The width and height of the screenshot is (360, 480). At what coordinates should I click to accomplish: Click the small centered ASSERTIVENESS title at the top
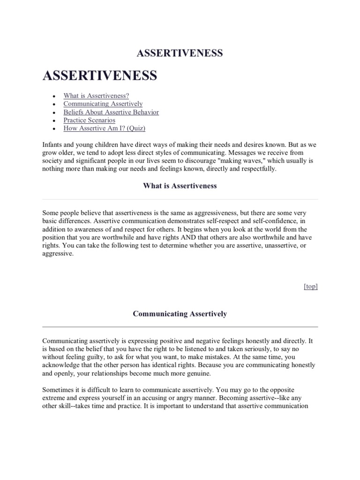click(180, 53)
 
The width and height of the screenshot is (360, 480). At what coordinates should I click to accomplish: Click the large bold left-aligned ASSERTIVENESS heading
click(99, 76)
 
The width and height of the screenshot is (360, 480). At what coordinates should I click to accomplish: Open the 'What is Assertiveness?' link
click(96, 96)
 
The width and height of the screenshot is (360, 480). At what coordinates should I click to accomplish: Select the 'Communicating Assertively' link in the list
click(103, 104)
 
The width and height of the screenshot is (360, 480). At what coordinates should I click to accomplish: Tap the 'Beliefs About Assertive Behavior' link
click(111, 112)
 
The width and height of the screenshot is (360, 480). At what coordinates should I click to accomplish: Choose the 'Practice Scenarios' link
click(89, 120)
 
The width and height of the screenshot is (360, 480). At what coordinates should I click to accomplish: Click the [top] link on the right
click(311, 286)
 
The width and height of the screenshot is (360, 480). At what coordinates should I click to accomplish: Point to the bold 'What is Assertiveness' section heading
click(180, 186)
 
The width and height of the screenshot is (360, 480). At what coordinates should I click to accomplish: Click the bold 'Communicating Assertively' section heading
click(180, 314)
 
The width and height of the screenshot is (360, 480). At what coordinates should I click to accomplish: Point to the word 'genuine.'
click(198, 373)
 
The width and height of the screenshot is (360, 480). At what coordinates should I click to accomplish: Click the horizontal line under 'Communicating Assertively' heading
click(180, 326)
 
